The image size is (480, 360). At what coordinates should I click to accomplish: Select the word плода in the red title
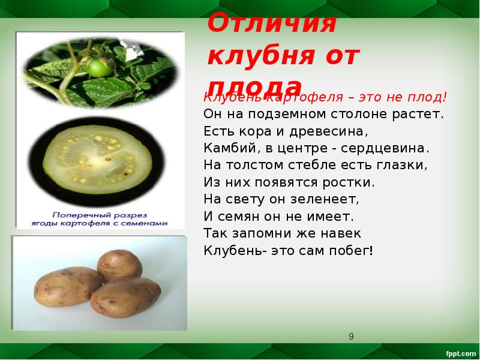click(255, 86)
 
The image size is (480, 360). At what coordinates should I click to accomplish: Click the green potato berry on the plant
click(97, 67)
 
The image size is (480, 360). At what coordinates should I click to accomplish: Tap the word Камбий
click(224, 148)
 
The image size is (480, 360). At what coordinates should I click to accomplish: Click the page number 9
click(352, 336)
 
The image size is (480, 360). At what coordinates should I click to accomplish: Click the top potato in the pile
click(119, 265)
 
